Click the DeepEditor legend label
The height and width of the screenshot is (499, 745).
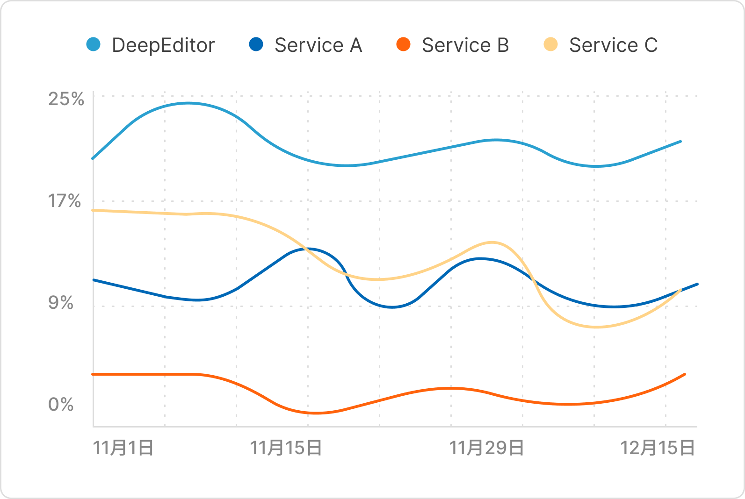click(163, 45)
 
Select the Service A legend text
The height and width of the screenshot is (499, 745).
click(318, 45)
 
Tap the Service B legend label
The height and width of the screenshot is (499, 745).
click(465, 45)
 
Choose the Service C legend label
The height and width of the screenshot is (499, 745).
click(613, 45)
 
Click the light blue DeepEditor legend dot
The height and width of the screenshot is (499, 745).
click(94, 45)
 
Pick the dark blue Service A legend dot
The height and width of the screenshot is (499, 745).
click(256, 45)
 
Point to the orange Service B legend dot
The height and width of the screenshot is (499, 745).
click(403, 45)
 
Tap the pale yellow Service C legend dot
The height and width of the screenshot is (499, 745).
click(551, 45)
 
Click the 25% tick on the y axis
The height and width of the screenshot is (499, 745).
click(66, 99)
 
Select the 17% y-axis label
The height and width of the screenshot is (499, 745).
click(65, 201)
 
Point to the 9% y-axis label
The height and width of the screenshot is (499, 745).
click(61, 303)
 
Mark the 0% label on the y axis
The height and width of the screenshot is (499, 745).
click(61, 405)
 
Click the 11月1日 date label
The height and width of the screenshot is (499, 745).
click(123, 448)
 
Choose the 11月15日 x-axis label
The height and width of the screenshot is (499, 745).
click(286, 448)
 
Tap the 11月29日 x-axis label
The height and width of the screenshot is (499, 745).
click(486, 448)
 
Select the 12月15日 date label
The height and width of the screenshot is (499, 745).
click(657, 448)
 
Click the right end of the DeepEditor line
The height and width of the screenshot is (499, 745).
click(680, 141)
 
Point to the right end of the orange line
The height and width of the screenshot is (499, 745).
click(685, 374)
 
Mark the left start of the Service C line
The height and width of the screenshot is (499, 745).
click(93, 210)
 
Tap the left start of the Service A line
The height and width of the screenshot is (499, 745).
click(94, 280)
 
